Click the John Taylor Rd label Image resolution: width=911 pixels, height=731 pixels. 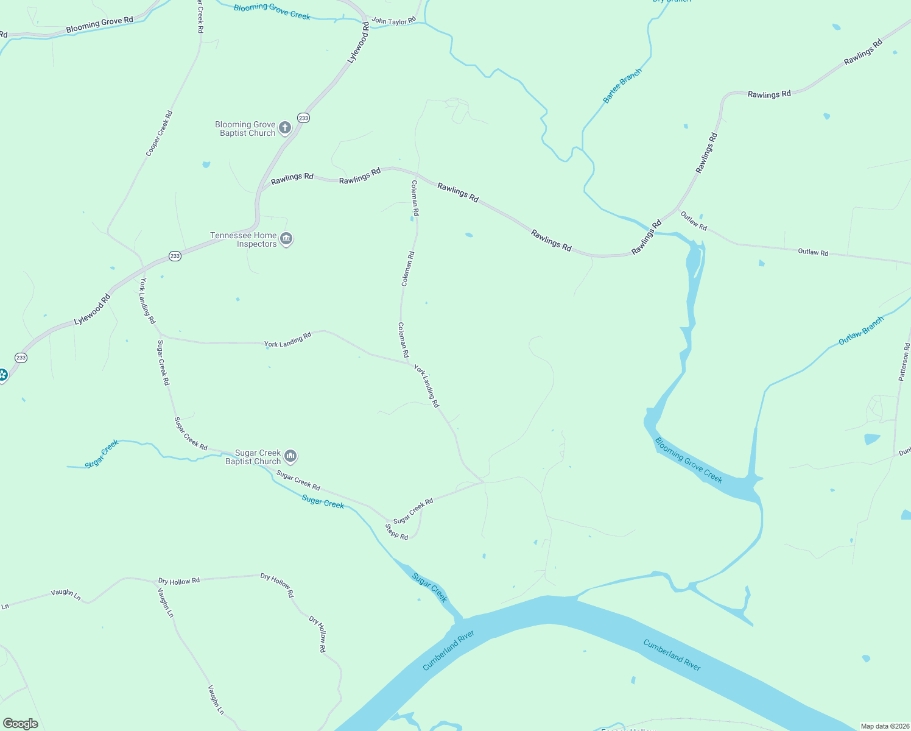[393, 21]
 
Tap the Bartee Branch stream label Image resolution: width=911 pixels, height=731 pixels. [622, 86]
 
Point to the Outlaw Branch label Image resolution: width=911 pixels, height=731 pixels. [860, 331]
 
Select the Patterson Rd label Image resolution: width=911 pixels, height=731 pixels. [904, 362]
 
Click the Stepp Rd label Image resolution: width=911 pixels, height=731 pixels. [396, 532]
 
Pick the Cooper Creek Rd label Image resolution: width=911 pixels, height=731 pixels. [160, 133]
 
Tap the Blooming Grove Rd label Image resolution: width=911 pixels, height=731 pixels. [99, 25]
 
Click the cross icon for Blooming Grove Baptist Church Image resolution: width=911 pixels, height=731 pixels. [284, 128]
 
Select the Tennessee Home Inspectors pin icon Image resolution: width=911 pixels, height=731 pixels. [286, 239]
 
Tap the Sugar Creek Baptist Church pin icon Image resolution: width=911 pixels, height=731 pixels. [290, 456]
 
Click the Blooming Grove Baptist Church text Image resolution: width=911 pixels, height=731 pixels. [245, 129]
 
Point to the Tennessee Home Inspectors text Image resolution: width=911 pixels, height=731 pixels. [244, 239]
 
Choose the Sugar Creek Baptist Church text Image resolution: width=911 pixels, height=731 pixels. [253, 457]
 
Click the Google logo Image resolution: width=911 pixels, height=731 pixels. [20, 724]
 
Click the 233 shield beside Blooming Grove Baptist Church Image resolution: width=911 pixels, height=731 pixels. [303, 118]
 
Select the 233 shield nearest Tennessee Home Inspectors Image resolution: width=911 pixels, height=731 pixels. [175, 256]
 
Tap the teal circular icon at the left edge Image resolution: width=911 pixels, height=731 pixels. [2, 375]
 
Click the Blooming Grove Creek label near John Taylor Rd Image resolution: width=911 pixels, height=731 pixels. [272, 11]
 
